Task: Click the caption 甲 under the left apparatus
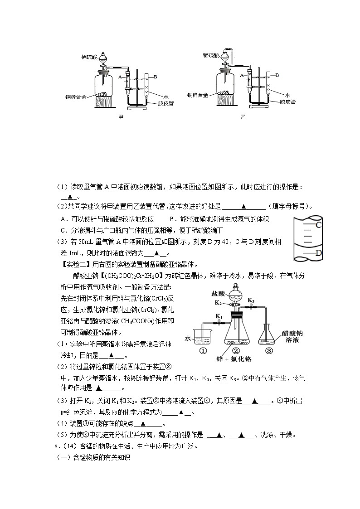click(121, 117)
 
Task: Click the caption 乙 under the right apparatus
click(243, 117)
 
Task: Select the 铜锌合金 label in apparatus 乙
click(198, 95)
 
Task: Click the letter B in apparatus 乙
click(277, 75)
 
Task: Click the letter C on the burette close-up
click(319, 225)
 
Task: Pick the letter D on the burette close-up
click(319, 253)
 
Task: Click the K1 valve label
click(219, 316)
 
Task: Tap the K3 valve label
click(251, 300)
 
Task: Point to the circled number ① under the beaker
click(203, 350)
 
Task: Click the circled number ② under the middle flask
click(236, 350)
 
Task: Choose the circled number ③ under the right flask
click(269, 350)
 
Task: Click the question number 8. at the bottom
click(56, 446)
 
